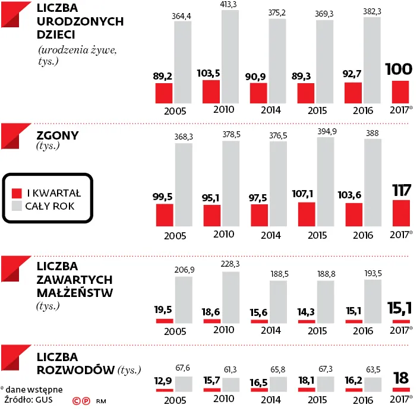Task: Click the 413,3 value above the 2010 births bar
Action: [x=230, y=5]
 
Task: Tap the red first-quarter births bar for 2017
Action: [x=400, y=91]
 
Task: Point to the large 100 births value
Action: [x=400, y=70]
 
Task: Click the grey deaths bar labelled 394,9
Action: [x=326, y=184]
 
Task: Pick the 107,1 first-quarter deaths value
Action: [x=307, y=194]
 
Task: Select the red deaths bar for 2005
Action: [x=164, y=214]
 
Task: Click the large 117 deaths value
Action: [x=400, y=191]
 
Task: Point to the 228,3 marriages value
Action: [x=230, y=265]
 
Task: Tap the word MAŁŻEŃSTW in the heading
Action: [x=74, y=292]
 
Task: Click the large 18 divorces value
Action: [x=400, y=378]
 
